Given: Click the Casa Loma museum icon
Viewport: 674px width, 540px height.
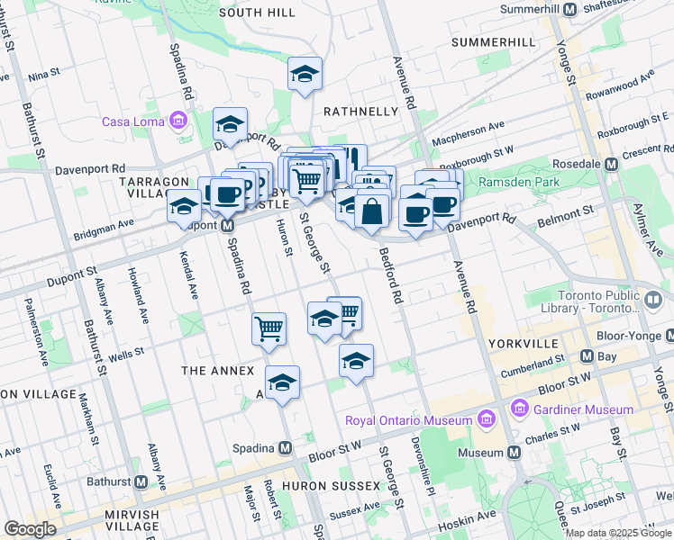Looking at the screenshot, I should [178, 121].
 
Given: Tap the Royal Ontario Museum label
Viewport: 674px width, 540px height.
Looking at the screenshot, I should [409, 420].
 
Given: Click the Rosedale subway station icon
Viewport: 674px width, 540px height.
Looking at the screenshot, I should [612, 165].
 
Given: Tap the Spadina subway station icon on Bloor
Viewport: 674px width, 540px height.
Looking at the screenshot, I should [286, 447].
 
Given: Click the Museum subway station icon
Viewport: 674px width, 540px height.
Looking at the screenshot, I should [514, 452].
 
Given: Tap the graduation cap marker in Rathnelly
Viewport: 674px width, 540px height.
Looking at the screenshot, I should [305, 74].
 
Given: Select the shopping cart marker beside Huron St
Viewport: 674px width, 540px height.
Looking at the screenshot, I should [269, 328].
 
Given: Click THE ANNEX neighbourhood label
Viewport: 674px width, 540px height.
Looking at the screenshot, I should [218, 371].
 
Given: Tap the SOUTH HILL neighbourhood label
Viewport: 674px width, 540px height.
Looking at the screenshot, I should [257, 13].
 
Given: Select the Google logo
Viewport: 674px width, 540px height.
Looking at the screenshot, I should [30, 529].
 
